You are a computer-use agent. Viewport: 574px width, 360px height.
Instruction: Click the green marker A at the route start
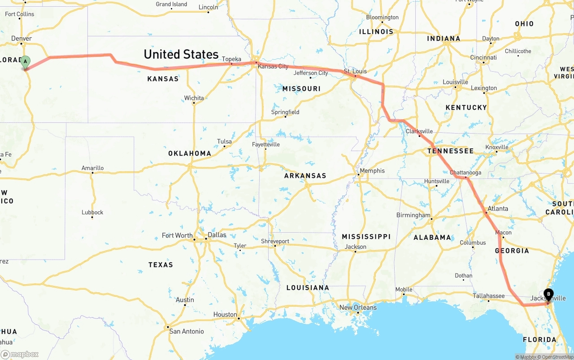[x=26, y=62]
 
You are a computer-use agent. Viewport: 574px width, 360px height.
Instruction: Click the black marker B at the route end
[x=548, y=294]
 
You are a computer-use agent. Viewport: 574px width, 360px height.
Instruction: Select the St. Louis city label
[x=355, y=71]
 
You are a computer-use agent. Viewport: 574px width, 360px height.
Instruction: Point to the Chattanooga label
[x=465, y=173]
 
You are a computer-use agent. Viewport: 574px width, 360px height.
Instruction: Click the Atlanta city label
[x=497, y=208]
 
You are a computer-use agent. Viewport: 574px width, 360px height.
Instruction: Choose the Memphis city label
[x=372, y=171]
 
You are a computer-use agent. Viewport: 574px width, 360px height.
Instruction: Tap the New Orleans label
[x=358, y=308]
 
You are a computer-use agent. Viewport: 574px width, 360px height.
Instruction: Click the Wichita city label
[x=194, y=98]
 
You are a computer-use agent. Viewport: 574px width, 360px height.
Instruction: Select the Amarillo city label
[x=92, y=168]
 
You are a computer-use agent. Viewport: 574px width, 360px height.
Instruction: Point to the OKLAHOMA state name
[x=190, y=153]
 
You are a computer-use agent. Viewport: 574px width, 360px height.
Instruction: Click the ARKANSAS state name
[x=305, y=176]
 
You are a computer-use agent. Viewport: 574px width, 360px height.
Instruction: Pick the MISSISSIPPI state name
[x=366, y=236]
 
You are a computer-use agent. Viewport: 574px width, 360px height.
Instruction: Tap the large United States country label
[x=181, y=55]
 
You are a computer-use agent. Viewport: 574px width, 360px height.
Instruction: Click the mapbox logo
[x=20, y=354]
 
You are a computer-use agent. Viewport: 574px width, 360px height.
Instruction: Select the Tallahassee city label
[x=489, y=295]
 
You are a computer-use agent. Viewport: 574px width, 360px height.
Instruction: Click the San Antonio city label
[x=186, y=331]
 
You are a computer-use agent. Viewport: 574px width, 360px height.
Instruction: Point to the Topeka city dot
[x=231, y=64]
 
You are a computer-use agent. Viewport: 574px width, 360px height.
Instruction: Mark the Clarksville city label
[x=419, y=131]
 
